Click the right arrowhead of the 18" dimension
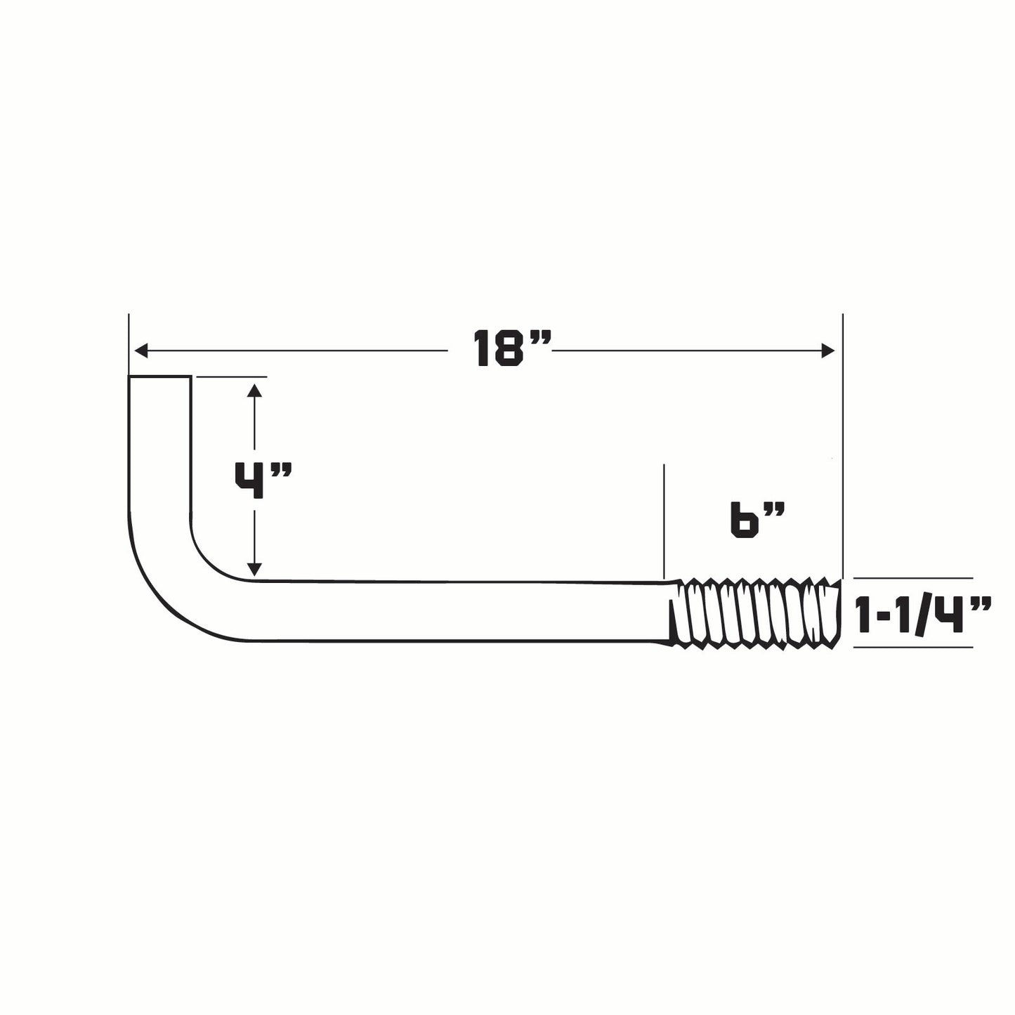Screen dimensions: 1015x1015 829,350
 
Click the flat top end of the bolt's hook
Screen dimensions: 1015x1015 159,378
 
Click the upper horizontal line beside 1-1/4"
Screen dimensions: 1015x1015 913,578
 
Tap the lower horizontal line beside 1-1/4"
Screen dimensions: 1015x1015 913,646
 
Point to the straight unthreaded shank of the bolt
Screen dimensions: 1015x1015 457,610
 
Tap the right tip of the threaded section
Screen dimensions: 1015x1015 838,609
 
